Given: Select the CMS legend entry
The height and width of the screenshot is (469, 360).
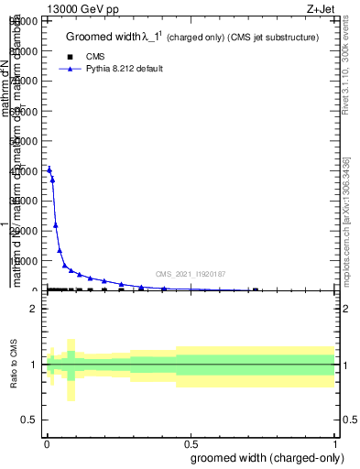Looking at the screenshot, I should point(95,56).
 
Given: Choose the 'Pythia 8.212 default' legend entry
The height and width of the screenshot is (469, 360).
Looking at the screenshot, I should point(125,69).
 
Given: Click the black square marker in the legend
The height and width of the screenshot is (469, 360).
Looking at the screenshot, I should point(70,56).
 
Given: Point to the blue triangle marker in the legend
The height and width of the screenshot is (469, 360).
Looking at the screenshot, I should point(70,69).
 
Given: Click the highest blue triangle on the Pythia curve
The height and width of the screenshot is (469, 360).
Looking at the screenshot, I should point(49,169).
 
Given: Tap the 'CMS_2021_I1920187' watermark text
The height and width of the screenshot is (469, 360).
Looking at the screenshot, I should point(190,274).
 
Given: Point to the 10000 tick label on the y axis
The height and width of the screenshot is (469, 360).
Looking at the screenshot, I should point(26,261).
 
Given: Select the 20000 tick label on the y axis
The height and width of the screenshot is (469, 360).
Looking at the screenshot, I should point(26,231).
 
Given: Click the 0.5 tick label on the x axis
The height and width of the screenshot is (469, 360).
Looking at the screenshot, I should point(191,443).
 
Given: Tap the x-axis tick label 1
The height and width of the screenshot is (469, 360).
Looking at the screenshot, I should point(336,443).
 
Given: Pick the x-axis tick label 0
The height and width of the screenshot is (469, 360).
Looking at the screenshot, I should point(47,443).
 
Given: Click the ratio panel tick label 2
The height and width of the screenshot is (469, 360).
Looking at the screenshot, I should point(34,309).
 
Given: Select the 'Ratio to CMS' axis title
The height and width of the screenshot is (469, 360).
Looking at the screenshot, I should point(14,365).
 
